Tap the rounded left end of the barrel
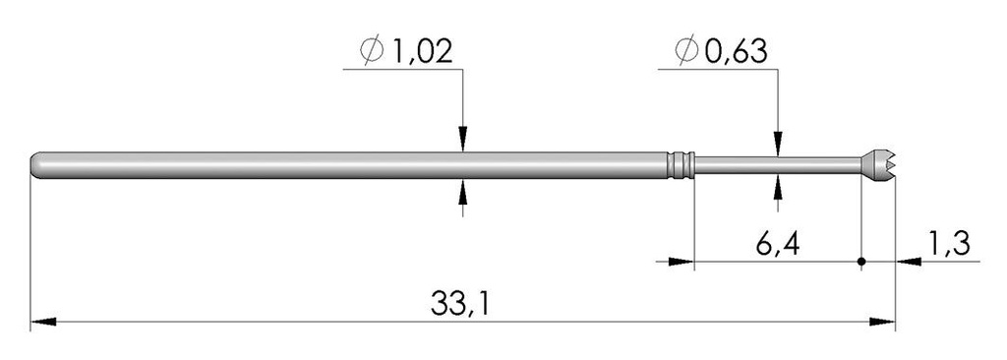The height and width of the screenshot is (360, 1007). tap(37, 165)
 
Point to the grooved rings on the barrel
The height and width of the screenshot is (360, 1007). tap(680, 165)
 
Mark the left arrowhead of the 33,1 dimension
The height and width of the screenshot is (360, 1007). tap(41, 321)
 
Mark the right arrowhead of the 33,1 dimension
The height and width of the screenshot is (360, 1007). tap(885, 321)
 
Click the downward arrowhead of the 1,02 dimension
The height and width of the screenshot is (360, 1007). tap(463, 144)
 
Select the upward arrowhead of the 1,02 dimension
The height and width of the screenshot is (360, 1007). tap(463, 189)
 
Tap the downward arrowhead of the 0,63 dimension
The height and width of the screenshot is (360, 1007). tap(779, 147)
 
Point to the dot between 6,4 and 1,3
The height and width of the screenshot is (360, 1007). tap(861, 262)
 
